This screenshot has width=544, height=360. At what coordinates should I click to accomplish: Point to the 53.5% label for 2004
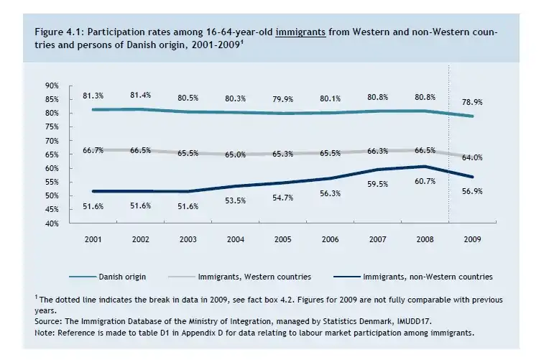[235, 200]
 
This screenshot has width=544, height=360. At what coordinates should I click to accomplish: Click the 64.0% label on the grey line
[471, 157]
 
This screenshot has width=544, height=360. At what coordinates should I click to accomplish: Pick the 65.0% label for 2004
[235, 154]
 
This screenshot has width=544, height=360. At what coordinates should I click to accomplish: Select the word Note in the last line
[45, 333]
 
